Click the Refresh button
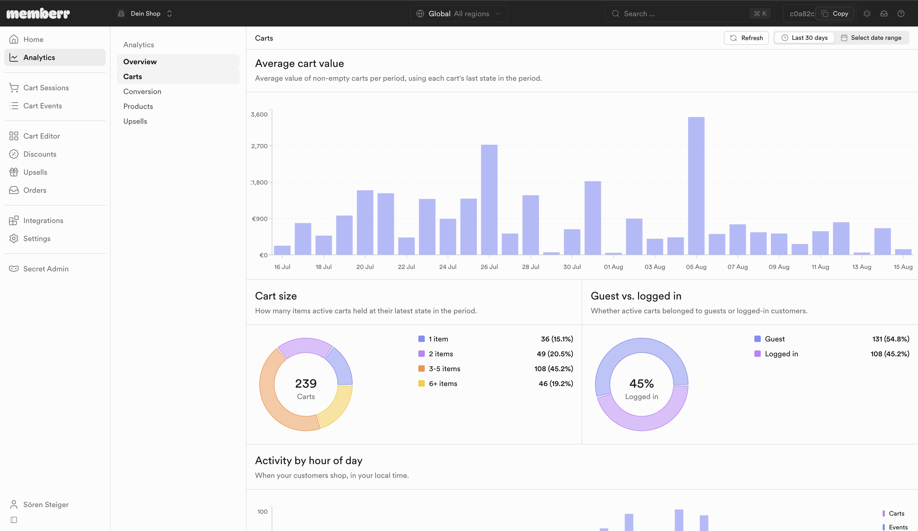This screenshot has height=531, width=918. (x=746, y=38)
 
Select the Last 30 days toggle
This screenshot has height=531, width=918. (x=804, y=38)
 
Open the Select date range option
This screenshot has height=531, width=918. (x=871, y=38)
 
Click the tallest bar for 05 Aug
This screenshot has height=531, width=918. (x=696, y=186)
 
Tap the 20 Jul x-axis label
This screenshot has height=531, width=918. (x=365, y=267)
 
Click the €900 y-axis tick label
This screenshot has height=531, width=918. (x=260, y=219)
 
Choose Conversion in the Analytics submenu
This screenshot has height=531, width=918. (x=142, y=91)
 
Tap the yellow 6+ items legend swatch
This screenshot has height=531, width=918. (x=422, y=383)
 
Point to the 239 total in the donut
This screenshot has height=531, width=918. (x=306, y=383)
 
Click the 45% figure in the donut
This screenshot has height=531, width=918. (x=641, y=383)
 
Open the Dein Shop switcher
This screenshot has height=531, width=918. (x=145, y=14)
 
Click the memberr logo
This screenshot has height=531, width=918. (x=38, y=14)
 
